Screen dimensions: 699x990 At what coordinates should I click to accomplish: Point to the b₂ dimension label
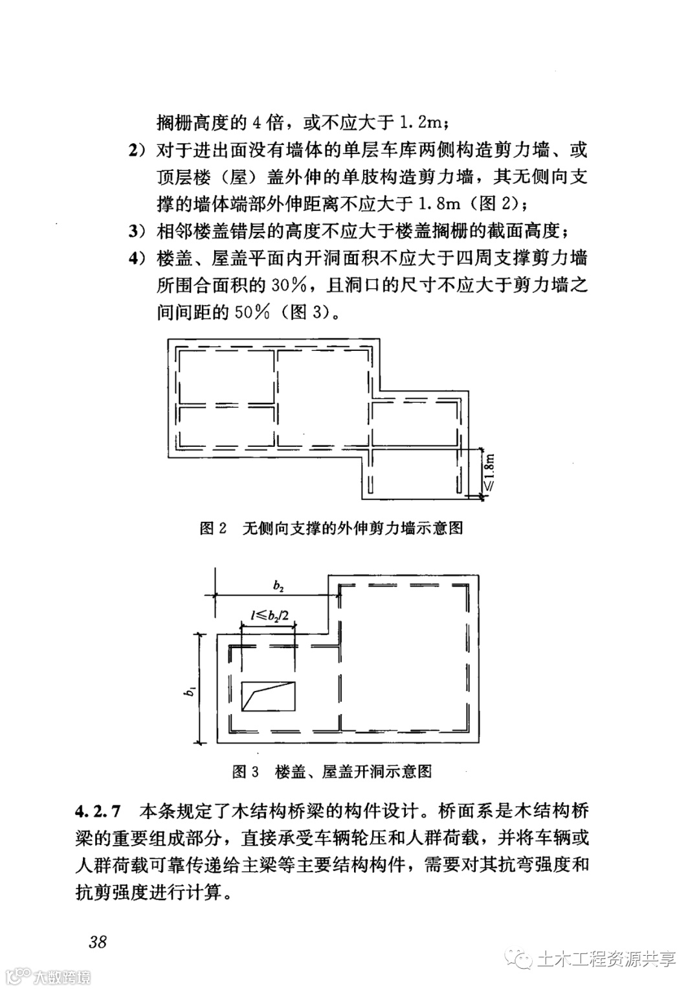tap(278, 586)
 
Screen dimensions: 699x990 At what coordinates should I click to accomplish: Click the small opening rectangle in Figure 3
tap(268, 696)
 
